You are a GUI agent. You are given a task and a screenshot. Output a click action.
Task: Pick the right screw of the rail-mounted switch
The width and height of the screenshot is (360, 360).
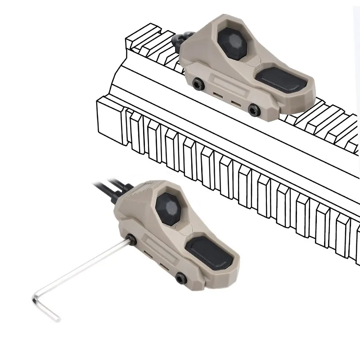[x=255, y=108]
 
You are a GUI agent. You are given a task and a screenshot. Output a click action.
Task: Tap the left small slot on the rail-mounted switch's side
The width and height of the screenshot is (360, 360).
[x=217, y=95]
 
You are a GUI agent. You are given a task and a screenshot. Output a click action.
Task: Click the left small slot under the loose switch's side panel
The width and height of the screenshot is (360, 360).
[x=147, y=258]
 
